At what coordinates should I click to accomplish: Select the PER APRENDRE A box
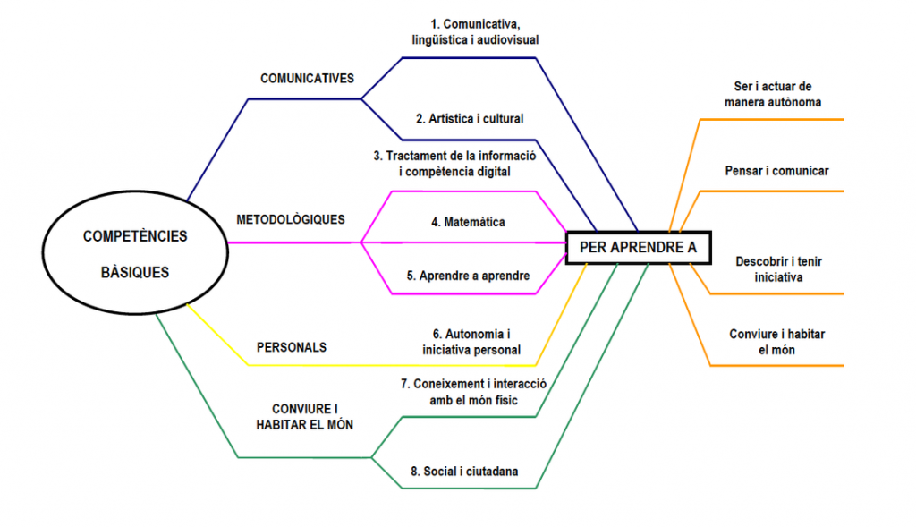tap(638, 248)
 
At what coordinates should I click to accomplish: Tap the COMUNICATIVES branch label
tap(307, 79)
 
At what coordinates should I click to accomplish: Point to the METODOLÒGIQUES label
tap(290, 220)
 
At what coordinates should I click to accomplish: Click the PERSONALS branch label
tap(291, 347)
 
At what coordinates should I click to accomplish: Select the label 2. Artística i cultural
tap(470, 119)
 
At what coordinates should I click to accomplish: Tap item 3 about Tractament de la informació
tap(454, 163)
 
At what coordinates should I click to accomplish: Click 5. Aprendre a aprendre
tap(468, 276)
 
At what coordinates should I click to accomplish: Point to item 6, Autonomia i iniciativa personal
tap(471, 342)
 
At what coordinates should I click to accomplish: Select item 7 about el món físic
tap(472, 391)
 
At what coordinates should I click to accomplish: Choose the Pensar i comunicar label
tap(776, 170)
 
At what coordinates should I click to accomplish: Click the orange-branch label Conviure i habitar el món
tap(776, 341)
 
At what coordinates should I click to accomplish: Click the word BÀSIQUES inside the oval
tap(135, 272)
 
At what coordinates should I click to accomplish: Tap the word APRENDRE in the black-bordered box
tap(638, 248)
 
